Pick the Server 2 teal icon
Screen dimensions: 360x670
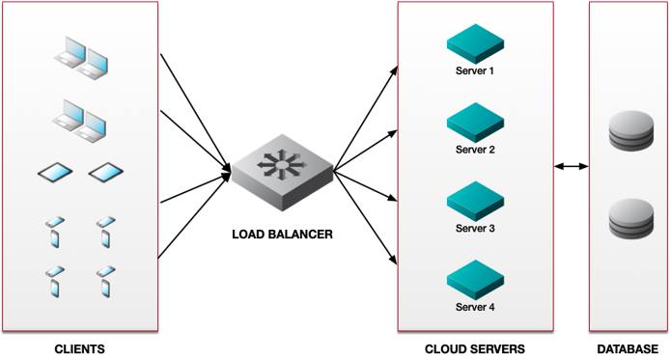point(475,123)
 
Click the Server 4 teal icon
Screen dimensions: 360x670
point(475,280)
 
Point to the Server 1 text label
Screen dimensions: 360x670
point(475,71)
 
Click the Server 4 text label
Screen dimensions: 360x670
point(475,307)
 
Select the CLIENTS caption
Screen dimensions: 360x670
point(79,348)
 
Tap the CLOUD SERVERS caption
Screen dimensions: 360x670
point(475,348)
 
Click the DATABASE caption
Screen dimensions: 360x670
point(628,348)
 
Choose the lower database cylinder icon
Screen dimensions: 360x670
point(628,220)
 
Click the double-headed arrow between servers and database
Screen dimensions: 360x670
point(572,167)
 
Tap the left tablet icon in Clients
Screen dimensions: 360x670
point(55,174)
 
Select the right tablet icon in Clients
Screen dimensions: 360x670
point(106,174)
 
